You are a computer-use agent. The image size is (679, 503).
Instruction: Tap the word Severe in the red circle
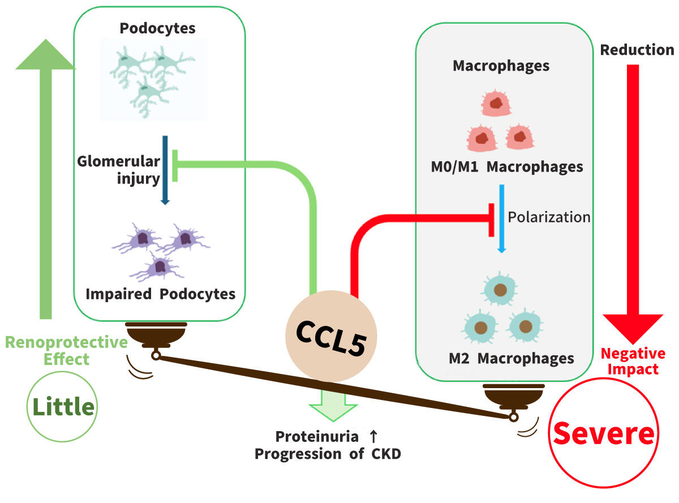(x=604, y=434)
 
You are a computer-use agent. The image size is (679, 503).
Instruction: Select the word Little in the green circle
(x=63, y=406)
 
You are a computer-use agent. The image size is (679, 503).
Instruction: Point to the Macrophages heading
(x=501, y=66)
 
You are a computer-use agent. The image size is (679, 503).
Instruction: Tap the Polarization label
(x=549, y=217)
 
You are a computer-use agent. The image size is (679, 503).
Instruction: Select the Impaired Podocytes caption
(x=161, y=294)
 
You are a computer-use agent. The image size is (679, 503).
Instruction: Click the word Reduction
(x=637, y=50)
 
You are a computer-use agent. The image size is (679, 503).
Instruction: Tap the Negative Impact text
(x=633, y=361)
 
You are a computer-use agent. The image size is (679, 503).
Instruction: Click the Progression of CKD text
(x=328, y=454)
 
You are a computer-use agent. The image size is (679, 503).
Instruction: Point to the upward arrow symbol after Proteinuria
(x=373, y=437)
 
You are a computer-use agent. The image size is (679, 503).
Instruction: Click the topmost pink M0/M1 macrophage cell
(x=496, y=104)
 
